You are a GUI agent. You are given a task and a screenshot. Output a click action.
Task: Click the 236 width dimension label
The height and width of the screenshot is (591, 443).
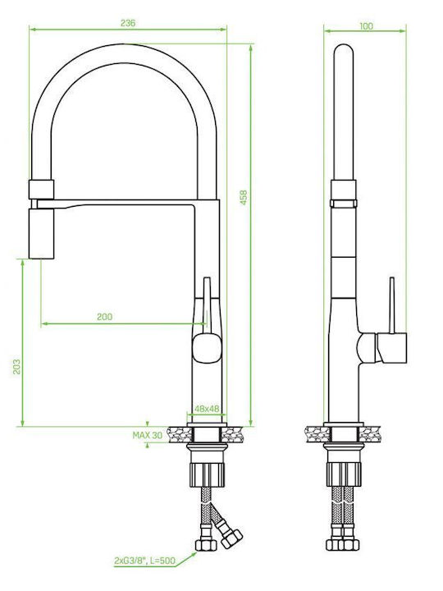128,23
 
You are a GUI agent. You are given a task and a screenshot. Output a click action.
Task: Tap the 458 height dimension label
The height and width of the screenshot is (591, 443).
244,198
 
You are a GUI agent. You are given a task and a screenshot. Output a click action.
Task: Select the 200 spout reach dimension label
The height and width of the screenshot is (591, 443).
105,317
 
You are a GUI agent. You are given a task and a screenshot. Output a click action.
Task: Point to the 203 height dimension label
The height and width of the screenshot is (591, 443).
17,366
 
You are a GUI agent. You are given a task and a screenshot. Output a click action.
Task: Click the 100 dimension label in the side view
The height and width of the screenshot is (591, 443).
366,26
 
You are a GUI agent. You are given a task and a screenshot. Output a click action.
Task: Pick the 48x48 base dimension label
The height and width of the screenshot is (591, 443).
207,409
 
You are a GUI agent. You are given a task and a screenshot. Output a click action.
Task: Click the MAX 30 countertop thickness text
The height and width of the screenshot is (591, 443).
148,435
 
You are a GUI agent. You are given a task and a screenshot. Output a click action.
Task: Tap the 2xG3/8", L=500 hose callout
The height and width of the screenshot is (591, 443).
144,561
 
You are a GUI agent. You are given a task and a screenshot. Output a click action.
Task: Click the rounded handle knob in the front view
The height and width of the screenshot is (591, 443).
207,349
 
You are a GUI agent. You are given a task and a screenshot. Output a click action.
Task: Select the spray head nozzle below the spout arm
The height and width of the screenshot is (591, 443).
42,234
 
